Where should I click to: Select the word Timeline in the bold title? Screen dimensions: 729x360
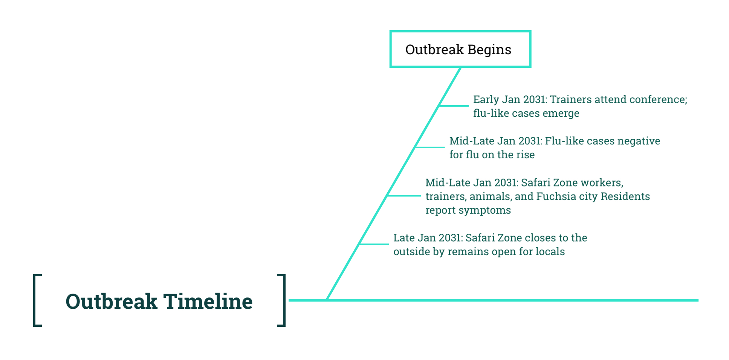pos(208,302)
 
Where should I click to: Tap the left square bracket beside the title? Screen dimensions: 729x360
pos(36,300)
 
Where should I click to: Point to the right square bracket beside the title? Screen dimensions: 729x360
pos(283,300)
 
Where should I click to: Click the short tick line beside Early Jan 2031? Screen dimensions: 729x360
pos(454,106)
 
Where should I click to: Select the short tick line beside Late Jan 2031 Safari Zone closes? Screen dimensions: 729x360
pos(374,244)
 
